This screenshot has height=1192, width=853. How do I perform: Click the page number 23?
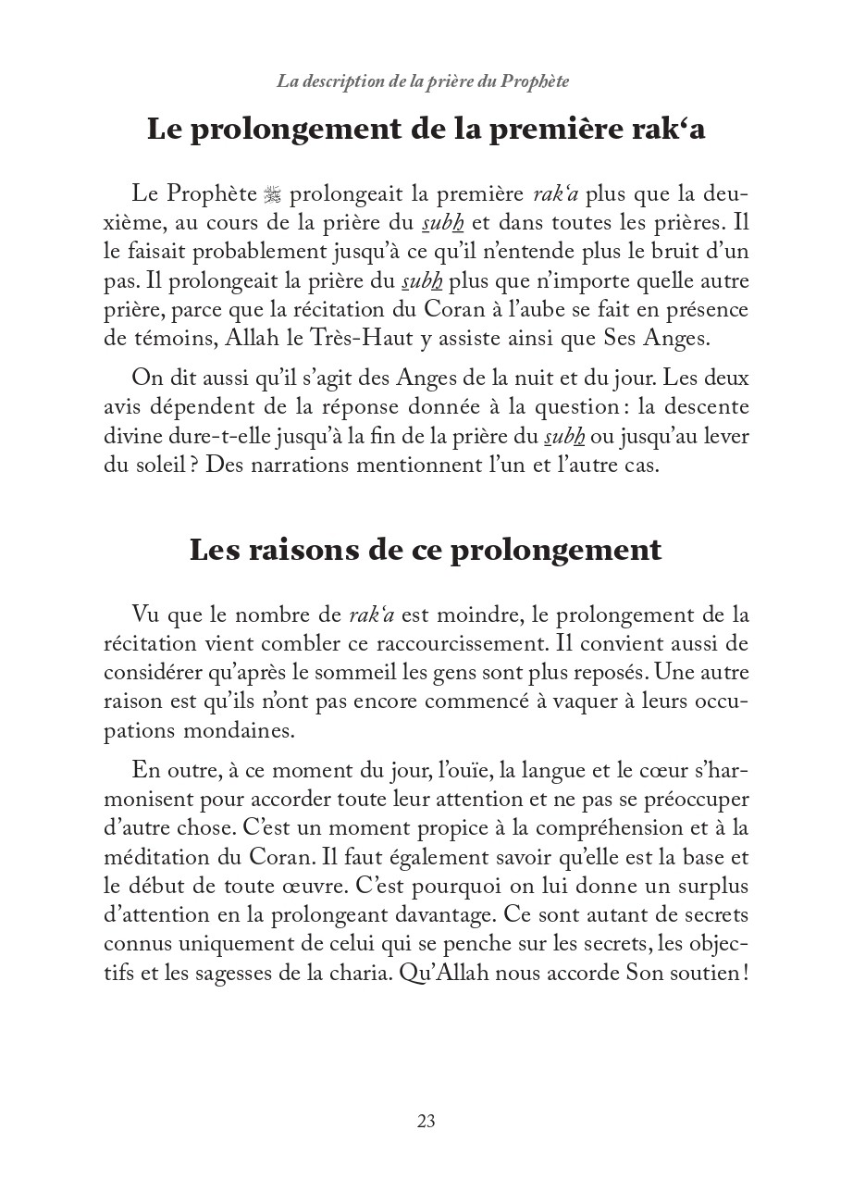426,1122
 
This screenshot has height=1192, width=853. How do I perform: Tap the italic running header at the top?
423,81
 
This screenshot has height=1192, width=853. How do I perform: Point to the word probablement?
231,250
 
